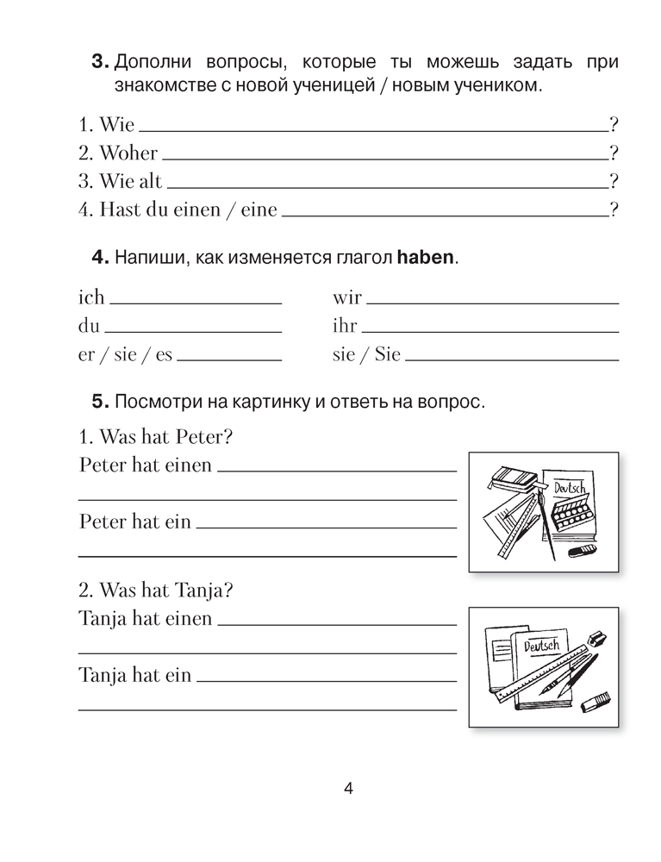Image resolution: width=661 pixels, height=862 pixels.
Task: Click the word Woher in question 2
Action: click(x=128, y=153)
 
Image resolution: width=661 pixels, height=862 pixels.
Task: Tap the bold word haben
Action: click(x=425, y=258)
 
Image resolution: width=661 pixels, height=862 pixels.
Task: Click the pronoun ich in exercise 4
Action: click(x=91, y=297)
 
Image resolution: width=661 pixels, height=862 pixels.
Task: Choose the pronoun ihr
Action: click(x=345, y=326)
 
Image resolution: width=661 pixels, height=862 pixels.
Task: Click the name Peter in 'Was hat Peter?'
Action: click(x=205, y=437)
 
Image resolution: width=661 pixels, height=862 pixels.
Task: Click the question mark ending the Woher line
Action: click(x=614, y=153)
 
